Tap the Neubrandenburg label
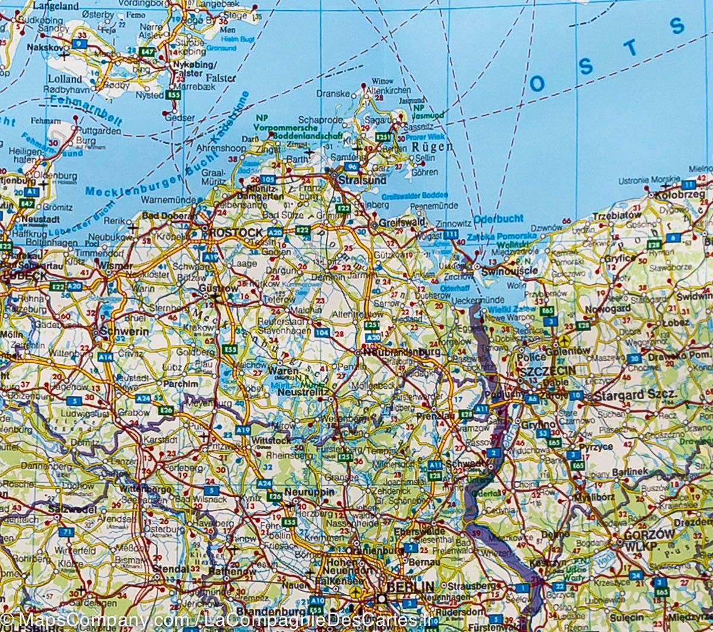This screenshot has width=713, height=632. tap(401, 352)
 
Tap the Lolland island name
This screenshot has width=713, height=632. tap(65, 78)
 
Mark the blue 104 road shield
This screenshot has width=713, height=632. tap(321, 332)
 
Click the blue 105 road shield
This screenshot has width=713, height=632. tap(267, 178)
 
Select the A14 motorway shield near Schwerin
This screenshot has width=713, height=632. tap(105, 357)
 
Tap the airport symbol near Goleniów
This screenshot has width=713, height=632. tap(564, 341)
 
